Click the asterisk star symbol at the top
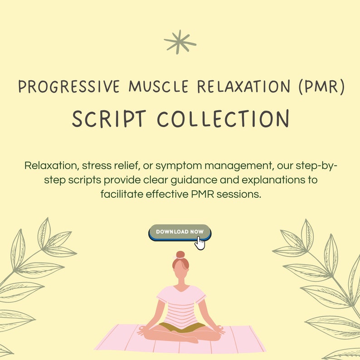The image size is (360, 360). tap(180, 42)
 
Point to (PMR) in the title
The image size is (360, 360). tap(322, 86)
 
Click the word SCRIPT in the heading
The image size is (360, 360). tap(109, 119)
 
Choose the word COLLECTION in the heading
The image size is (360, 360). tap(223, 119)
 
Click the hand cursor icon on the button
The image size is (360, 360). tap(199, 243)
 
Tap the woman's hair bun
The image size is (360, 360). tap(180, 254)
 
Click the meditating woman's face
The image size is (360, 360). tap(180, 272)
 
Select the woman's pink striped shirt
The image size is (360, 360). tap(180, 304)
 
